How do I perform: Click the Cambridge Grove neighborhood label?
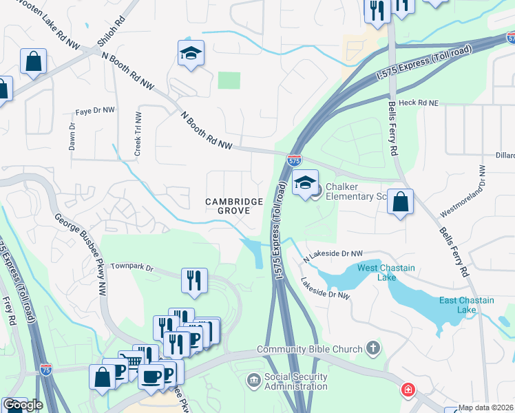[x=234, y=206]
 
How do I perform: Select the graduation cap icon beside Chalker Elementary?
[x=306, y=182]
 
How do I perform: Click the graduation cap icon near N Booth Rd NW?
[x=191, y=53]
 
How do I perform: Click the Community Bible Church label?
[x=310, y=349]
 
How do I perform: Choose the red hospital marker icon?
[x=408, y=390]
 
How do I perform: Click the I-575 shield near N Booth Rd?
[x=295, y=160]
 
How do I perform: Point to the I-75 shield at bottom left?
[x=46, y=370]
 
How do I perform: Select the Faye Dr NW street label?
[x=93, y=111]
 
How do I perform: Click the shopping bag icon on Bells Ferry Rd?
[x=400, y=202]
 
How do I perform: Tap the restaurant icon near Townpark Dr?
[x=194, y=279]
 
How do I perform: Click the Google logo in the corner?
[x=23, y=405]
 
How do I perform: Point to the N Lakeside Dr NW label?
[x=333, y=255]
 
